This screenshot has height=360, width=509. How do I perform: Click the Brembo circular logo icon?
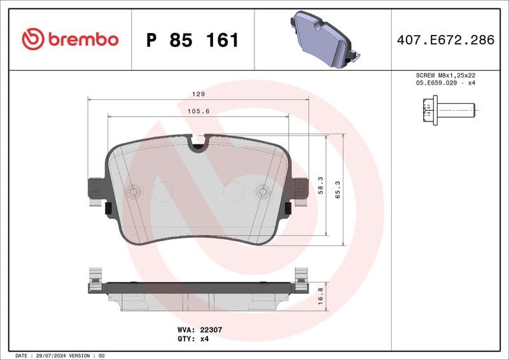[x=32, y=39]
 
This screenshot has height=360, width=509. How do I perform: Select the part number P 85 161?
[x=192, y=40]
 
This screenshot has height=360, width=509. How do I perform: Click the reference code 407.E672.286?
[x=445, y=40]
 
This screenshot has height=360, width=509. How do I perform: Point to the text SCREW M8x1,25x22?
[x=445, y=75]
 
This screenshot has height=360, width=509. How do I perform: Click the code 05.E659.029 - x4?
[x=445, y=83]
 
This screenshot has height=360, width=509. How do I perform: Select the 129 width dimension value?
[x=199, y=93]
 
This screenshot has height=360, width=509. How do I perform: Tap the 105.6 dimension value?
[x=199, y=111]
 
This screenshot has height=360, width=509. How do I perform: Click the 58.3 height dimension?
[x=321, y=186]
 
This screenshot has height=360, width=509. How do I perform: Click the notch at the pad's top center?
[x=199, y=144]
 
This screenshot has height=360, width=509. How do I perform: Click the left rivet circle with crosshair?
[x=134, y=191]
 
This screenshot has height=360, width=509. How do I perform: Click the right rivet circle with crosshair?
[x=262, y=191]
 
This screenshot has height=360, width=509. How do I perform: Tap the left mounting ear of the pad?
[x=95, y=190]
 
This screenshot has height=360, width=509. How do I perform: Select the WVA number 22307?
[x=209, y=330]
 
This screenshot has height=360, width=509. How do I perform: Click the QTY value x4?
[x=204, y=338]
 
